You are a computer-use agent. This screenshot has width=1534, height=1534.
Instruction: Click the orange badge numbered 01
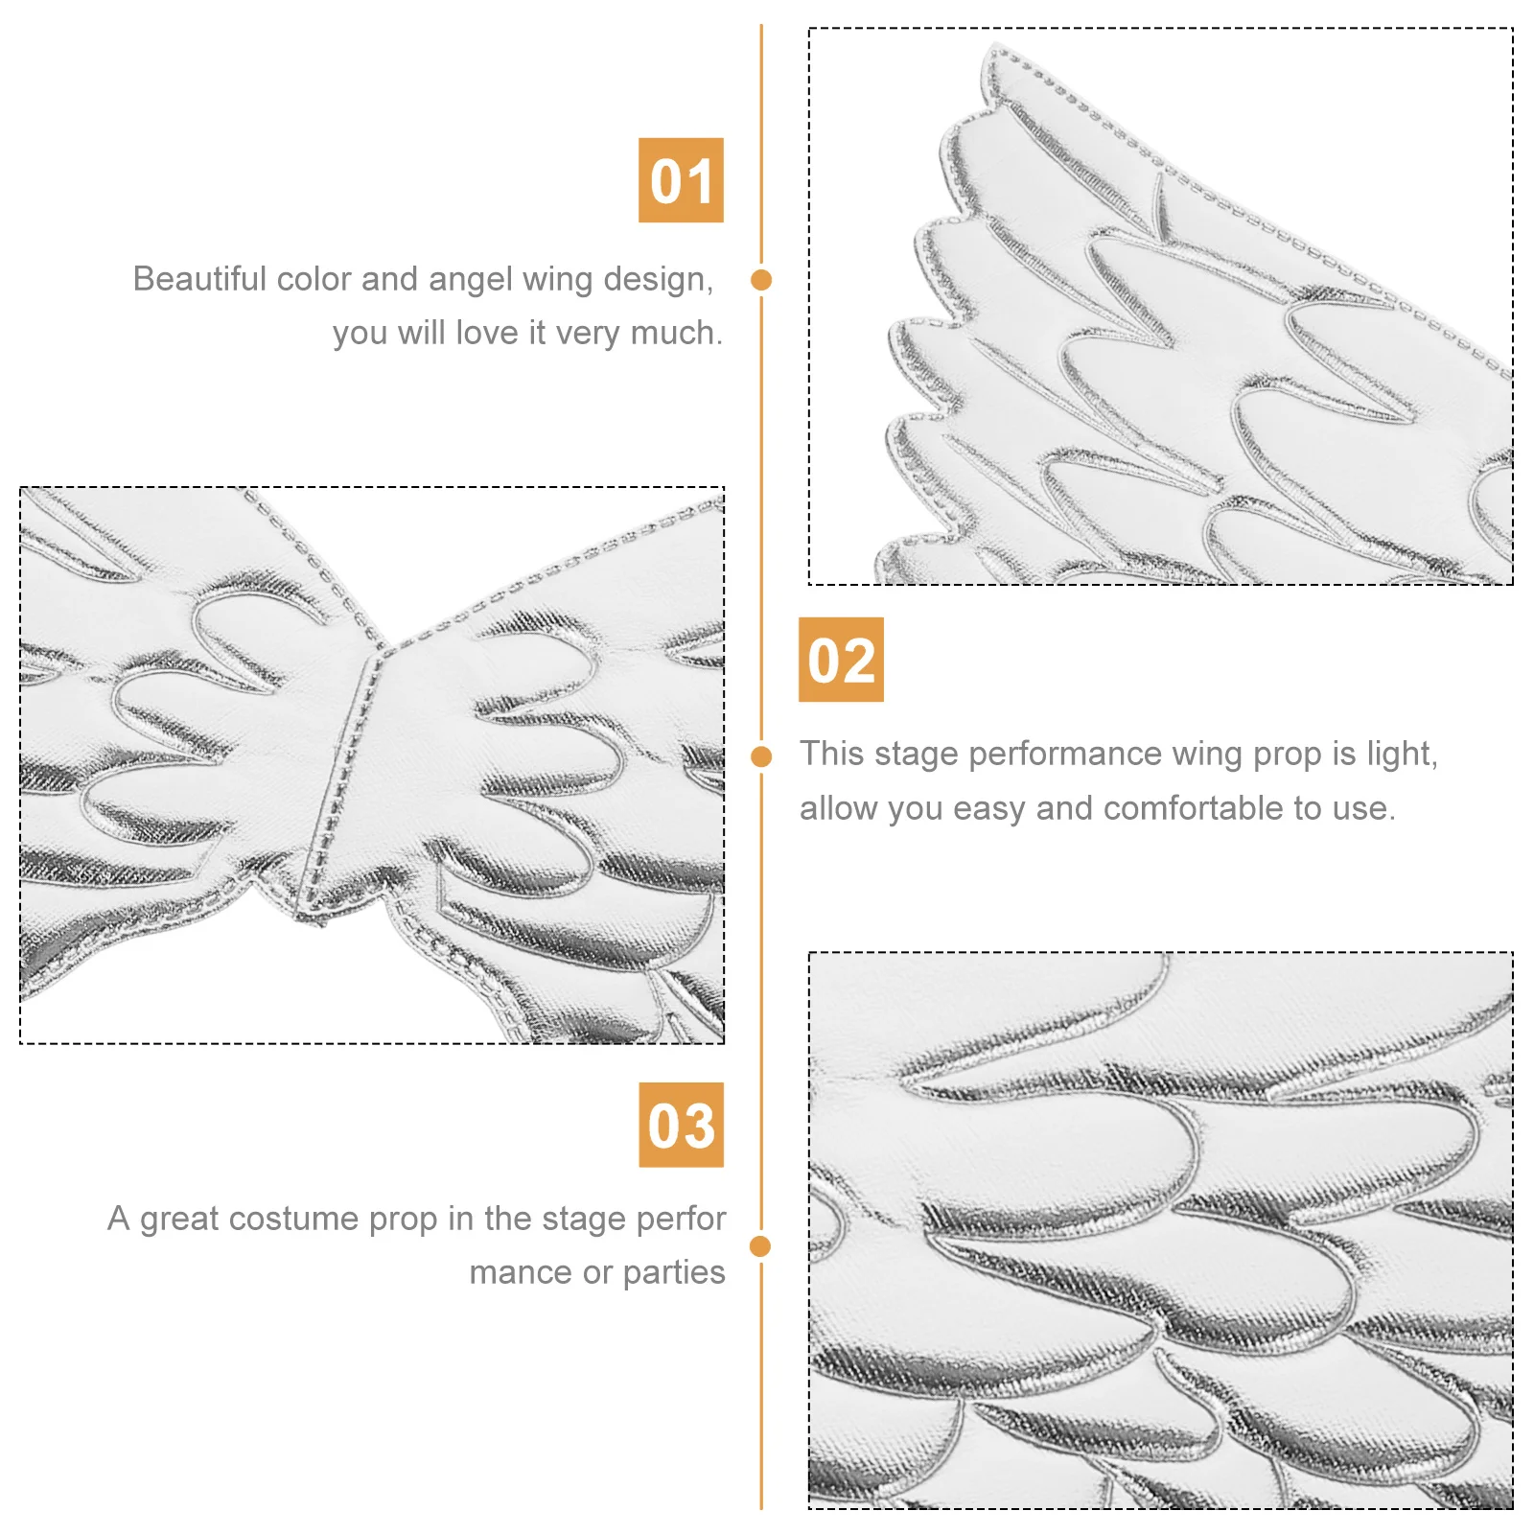point(681,180)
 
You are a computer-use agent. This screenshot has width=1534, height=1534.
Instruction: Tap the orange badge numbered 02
point(841,660)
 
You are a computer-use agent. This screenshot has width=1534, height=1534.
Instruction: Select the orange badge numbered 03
point(681,1125)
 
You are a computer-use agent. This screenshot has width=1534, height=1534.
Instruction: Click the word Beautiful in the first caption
point(199,279)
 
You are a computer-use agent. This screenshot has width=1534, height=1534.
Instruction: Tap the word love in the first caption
point(487,333)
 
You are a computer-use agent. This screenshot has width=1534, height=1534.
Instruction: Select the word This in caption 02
point(832,754)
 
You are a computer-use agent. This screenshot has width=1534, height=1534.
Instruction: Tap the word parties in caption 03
point(674,1272)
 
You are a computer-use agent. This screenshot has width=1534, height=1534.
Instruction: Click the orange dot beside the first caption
point(761,280)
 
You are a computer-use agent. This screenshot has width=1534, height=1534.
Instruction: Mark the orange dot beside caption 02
point(761,756)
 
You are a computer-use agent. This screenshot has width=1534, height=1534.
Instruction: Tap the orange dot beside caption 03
point(760,1246)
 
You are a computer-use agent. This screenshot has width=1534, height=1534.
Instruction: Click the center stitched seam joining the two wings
point(342,767)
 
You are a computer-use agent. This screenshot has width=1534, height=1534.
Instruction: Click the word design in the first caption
point(657,279)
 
